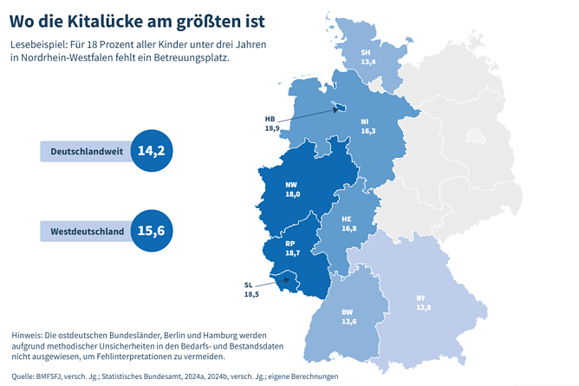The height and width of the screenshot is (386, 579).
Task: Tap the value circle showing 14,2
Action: click(151, 151)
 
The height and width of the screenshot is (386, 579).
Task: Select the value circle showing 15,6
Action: click(151, 231)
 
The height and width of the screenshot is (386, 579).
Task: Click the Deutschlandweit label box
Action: click(85, 151)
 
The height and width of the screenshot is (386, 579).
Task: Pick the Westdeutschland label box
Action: click(85, 231)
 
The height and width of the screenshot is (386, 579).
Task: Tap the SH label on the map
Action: click(368, 53)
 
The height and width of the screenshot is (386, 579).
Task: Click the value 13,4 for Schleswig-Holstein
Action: click(368, 62)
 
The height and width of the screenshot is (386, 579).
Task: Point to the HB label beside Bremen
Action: click(270, 118)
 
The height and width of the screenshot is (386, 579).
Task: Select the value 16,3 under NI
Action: click(368, 131)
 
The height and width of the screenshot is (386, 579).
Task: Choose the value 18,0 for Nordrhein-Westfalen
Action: click(291, 194)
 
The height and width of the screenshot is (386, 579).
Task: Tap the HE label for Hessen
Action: click(347, 219)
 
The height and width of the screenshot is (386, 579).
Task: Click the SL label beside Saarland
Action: click(249, 285)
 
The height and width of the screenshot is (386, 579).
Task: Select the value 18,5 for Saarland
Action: click(250, 295)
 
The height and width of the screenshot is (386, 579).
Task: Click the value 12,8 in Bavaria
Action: click(422, 308)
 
